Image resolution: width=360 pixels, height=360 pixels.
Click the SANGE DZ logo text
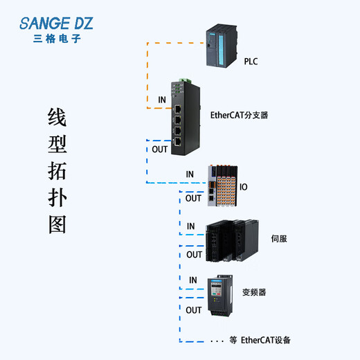coord(55,24)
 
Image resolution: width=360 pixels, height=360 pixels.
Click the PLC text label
coord(251,62)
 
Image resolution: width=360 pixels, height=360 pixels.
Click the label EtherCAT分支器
coord(239,116)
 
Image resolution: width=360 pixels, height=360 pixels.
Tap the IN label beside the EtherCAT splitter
coord(161,100)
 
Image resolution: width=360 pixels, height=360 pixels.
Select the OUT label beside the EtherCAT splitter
coord(160,149)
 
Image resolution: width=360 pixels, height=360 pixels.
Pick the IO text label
coord(244,187)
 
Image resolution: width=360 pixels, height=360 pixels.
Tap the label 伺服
coord(279,239)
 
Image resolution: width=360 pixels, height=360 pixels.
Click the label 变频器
coord(253,293)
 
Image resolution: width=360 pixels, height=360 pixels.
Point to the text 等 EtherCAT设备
coord(260,340)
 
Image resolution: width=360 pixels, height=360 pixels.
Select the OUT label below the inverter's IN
coord(194,311)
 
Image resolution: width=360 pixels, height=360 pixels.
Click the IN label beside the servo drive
coord(190,226)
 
